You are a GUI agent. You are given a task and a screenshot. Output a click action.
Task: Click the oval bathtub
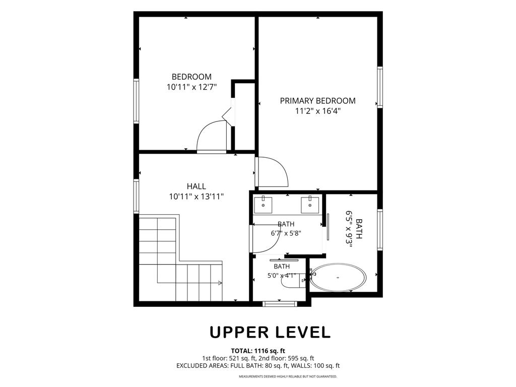338,277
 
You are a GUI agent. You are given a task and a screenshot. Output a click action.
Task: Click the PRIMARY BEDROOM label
317,101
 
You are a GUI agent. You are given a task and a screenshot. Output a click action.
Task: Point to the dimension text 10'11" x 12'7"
191,87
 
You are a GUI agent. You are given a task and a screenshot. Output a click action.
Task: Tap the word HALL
197,186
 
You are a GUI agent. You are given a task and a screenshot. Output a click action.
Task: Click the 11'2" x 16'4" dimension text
317,111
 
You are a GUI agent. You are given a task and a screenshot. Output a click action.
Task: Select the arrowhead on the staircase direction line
220,282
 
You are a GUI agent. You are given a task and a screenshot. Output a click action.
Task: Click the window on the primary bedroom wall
380,87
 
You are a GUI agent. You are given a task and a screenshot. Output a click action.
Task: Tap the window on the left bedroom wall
136,101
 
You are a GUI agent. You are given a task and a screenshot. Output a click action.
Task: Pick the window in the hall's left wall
136,196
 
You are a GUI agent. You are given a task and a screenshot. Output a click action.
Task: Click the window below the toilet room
279,304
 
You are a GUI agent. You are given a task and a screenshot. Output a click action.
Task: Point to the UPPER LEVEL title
270,333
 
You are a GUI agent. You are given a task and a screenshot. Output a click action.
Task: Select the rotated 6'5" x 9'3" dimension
349,229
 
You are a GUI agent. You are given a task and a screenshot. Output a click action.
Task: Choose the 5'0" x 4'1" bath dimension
282,276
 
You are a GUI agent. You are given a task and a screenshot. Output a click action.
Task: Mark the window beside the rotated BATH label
380,230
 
